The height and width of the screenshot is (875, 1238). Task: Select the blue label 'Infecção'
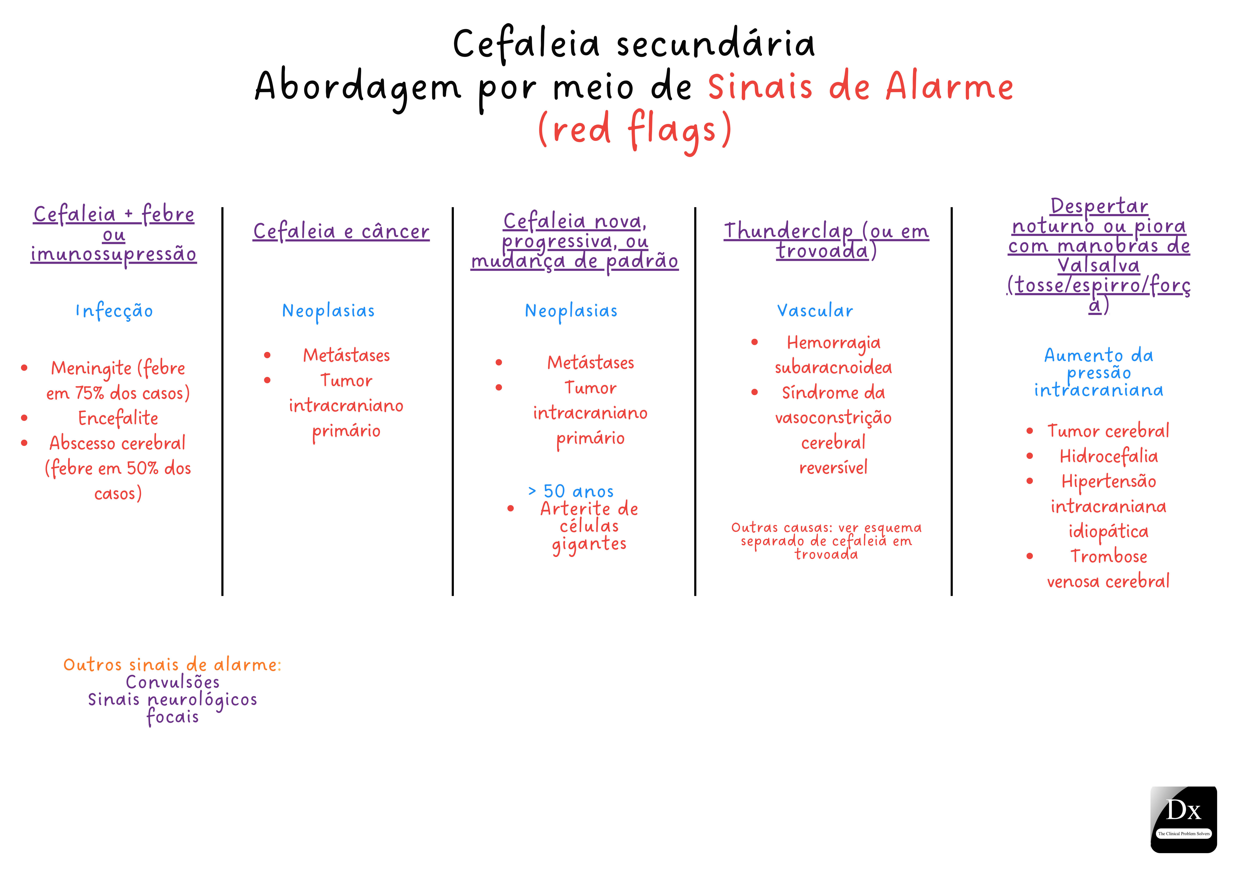[114, 311]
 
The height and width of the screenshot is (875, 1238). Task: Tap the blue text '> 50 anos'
[571, 491]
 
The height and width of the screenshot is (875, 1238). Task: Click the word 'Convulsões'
[172, 682]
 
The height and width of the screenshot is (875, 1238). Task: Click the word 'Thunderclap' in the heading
[788, 231]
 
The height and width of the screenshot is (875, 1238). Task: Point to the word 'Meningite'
[91, 368]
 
